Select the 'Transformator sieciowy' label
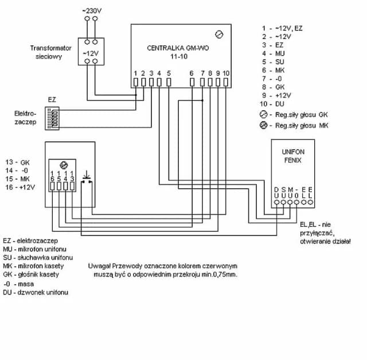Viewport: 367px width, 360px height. [x=51, y=53]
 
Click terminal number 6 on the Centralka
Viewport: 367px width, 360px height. [x=192, y=73]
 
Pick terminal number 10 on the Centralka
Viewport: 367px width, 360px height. [x=226, y=73]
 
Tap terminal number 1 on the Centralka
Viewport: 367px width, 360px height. [x=135, y=73]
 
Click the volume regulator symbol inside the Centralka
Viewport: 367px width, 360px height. [x=218, y=33]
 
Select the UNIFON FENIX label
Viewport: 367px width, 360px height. [x=293, y=156]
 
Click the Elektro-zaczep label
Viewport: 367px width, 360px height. [x=26, y=118]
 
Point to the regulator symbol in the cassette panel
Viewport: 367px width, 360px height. [x=64, y=165]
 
